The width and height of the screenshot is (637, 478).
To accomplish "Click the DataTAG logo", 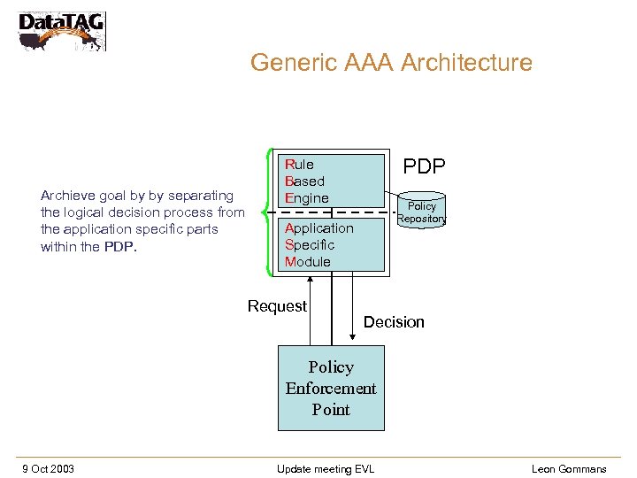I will pos(61,30).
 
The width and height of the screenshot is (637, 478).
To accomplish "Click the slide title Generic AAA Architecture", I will pos(391,63).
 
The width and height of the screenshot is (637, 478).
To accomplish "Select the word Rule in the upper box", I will pos(299,165).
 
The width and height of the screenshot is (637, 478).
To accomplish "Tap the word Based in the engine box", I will pos(304,181).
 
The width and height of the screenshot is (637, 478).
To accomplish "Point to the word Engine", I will pos(306,198).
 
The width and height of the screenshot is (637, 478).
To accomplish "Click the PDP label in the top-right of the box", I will pos(424,166).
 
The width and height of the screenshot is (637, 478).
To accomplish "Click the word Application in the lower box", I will pos(318,228).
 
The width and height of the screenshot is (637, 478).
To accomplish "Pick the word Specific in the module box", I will pos(310,245).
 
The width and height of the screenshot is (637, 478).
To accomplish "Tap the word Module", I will pos(307,262).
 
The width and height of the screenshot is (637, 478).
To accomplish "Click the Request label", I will pos(277,306).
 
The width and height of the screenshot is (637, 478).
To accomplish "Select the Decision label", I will pos(394,322).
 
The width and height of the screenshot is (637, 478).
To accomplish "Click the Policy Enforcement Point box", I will pos(331,388).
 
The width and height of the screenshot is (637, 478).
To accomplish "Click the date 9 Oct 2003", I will pos(48,468).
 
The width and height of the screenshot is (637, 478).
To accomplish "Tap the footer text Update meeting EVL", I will pos(325,468).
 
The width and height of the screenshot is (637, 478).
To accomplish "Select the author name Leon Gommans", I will pos(569,468).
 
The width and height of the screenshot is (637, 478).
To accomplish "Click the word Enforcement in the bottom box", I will pos(331,389).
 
